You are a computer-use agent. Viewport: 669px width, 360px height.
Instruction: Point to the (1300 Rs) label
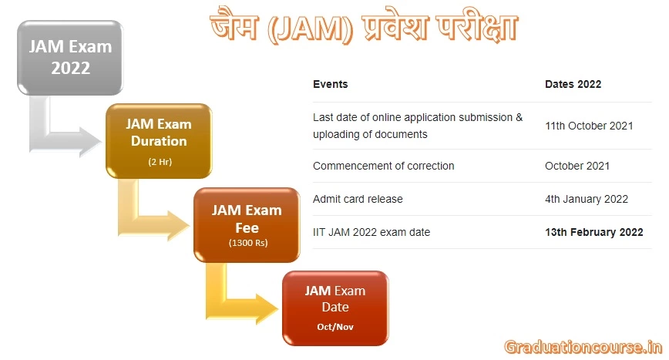[x=247, y=244]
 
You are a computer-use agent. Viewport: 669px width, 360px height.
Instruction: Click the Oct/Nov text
[x=334, y=327]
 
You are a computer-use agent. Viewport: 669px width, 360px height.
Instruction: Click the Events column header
[x=330, y=84]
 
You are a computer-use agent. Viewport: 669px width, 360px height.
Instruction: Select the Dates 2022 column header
[x=573, y=84]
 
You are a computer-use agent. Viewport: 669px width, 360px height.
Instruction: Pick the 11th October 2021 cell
[x=589, y=126]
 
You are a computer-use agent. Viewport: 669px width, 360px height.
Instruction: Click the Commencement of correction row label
[x=383, y=166]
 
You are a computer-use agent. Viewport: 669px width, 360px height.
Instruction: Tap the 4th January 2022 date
[x=586, y=199]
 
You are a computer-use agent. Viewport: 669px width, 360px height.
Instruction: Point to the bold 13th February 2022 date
[x=593, y=232]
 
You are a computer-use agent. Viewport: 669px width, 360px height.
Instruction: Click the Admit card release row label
[x=358, y=199]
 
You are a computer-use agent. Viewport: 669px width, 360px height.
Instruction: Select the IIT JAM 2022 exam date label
[x=371, y=232]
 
